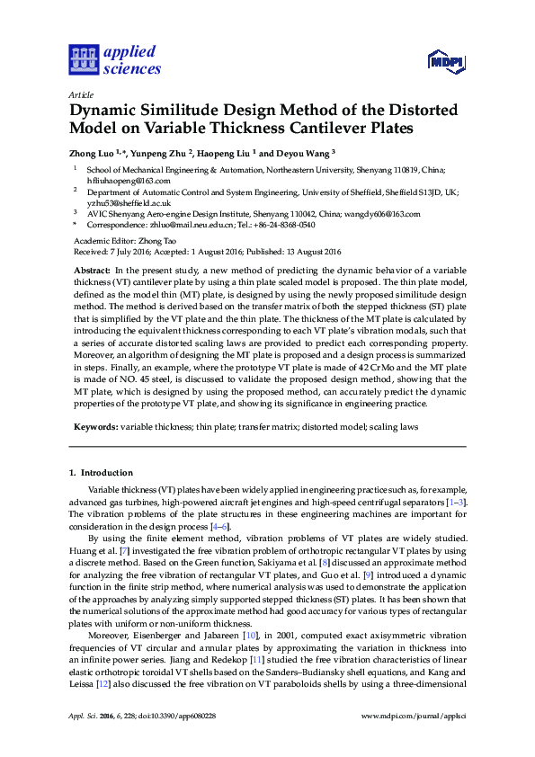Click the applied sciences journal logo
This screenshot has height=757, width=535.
(115, 59)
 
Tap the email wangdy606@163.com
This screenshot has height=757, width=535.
(382, 214)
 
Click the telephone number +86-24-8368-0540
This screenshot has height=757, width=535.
(277, 226)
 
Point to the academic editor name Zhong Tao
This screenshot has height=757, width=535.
(165, 241)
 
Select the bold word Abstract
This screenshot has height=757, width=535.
(92, 270)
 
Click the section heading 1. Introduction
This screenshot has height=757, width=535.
(101, 472)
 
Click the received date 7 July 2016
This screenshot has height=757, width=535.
(124, 252)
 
